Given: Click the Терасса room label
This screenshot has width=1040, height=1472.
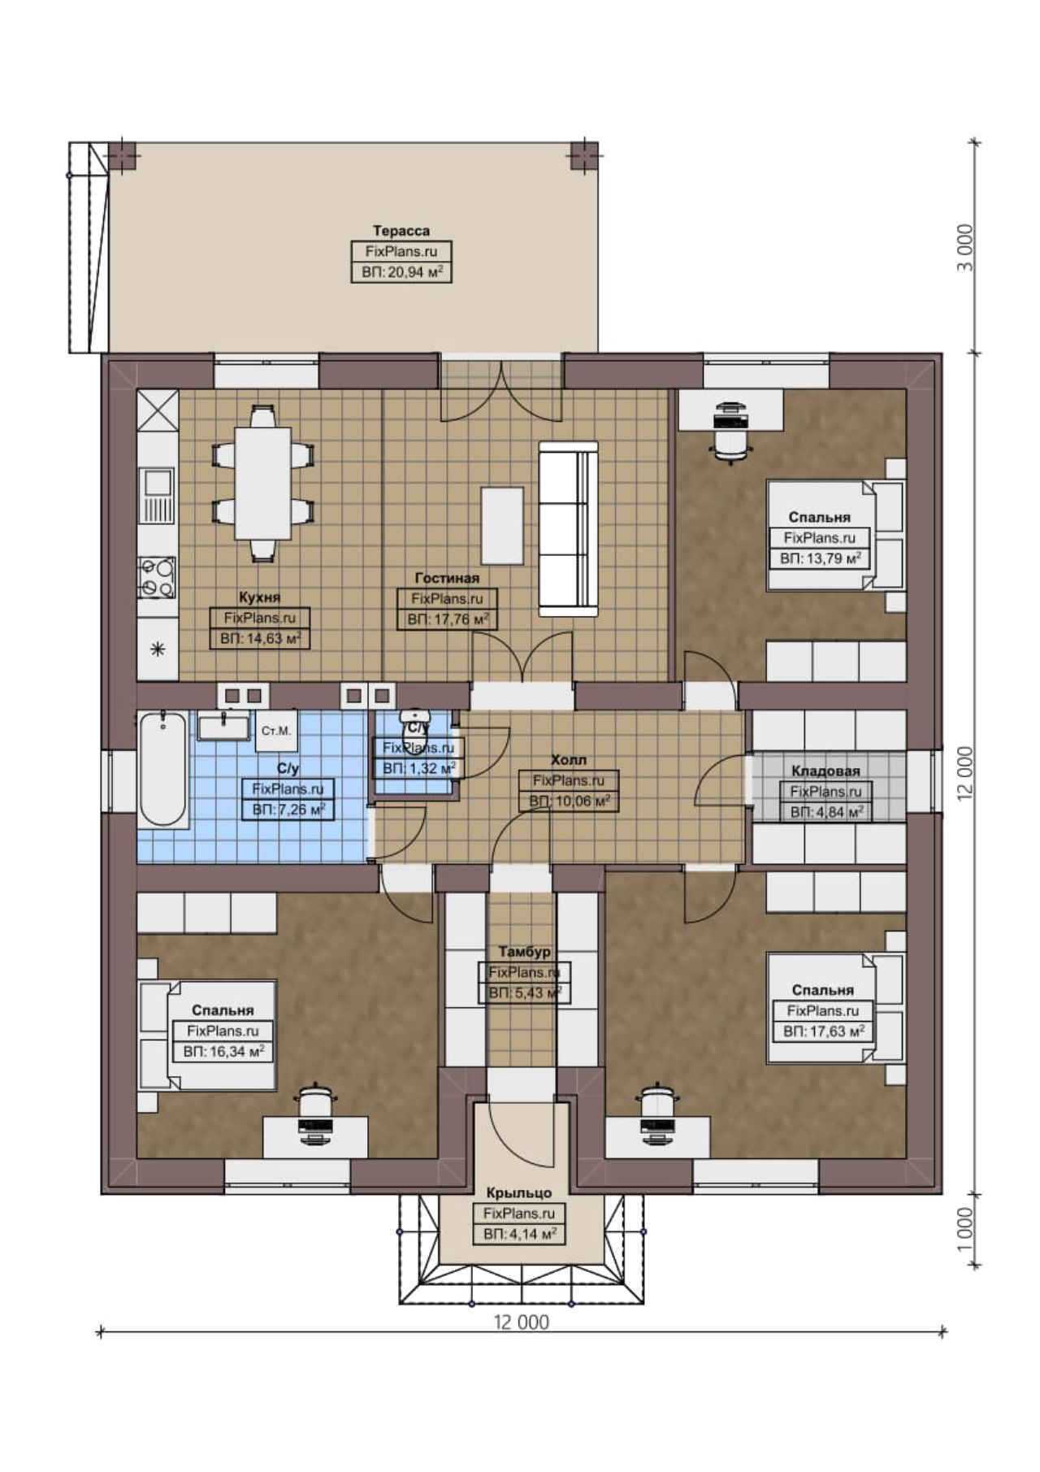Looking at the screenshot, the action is click(401, 231).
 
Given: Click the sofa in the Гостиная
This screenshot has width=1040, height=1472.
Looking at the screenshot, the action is click(569, 528).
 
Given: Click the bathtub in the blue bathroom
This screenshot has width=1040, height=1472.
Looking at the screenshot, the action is click(162, 769).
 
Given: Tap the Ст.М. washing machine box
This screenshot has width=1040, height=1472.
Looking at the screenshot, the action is click(276, 731).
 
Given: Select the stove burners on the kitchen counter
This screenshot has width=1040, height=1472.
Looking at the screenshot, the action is click(157, 576).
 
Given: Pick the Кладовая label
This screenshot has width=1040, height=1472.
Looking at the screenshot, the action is click(825, 771).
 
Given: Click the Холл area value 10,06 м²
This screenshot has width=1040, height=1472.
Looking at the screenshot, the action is click(579, 801).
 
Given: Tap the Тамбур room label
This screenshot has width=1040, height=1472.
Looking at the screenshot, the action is click(524, 952).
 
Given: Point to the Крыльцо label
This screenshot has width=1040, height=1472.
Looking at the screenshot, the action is click(519, 1193).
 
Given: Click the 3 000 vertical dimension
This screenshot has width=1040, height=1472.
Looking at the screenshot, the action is click(964, 248).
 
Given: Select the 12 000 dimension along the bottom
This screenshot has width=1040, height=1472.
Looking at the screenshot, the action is click(522, 1322).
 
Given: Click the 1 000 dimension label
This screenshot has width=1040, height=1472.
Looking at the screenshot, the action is click(964, 1230).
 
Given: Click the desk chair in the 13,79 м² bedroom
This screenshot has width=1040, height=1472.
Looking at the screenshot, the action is click(728, 439).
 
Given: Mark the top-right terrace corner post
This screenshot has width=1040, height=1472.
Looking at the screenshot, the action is click(583, 155).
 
